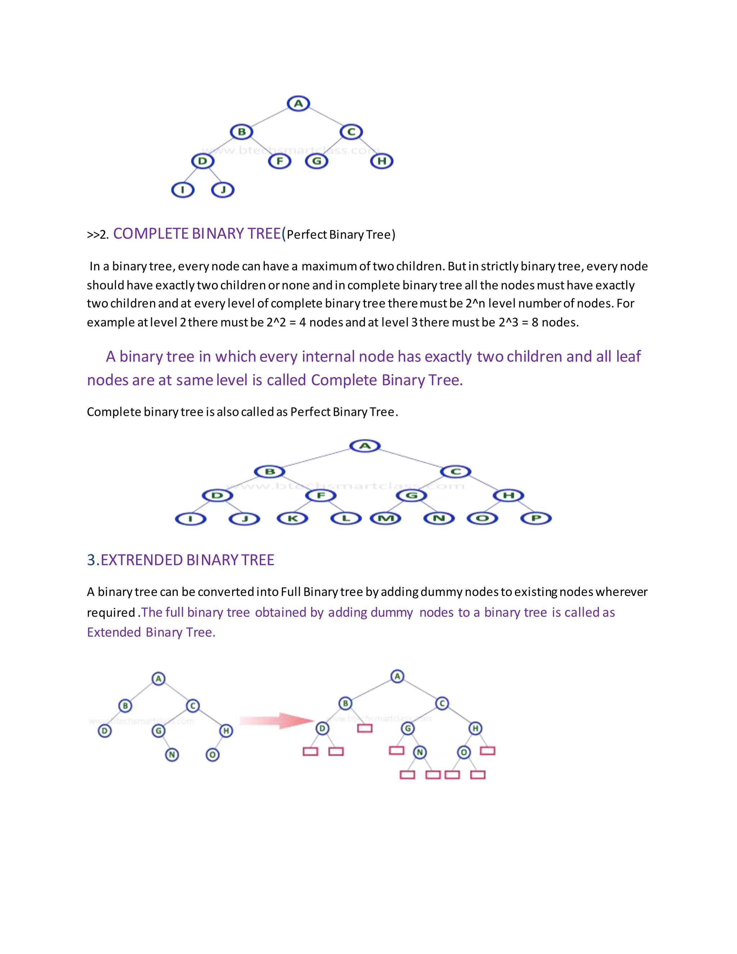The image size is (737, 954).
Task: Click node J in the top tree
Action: pos(223,190)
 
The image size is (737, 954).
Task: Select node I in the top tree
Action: pos(182,190)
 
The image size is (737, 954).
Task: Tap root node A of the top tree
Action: pos(298,104)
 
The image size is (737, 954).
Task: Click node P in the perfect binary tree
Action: pos(536,518)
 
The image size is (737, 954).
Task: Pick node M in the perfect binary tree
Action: pos(385,518)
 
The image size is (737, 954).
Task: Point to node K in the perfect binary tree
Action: pos(293,518)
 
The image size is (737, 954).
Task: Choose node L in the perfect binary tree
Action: pos(346,518)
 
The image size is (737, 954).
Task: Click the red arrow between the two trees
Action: pos(277,721)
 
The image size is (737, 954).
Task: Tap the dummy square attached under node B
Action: pos(365,728)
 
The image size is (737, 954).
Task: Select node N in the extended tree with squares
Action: pos(420,752)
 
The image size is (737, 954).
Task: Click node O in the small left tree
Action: pos(213,755)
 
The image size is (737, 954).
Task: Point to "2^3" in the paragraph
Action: pos(508,322)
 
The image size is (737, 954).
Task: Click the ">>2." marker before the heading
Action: pos(98,235)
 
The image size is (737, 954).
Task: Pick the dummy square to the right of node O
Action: pos(487,751)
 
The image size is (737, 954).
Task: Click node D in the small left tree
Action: pos(104,731)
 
